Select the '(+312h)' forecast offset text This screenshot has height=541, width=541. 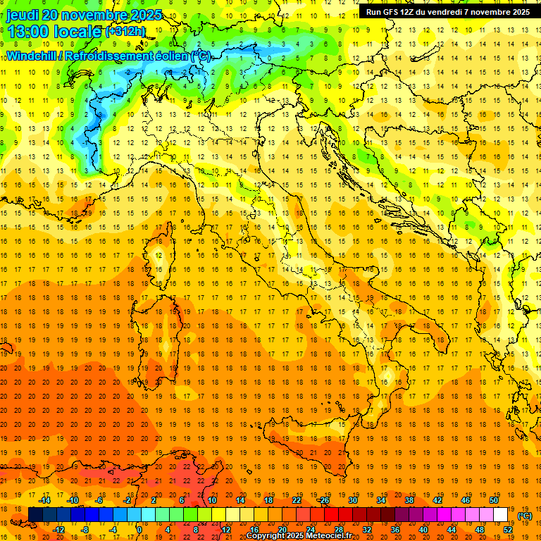(126, 32)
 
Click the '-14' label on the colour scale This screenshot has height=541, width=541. (46, 499)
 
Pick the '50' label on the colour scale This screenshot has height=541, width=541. (494, 499)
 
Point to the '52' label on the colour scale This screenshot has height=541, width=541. (508, 530)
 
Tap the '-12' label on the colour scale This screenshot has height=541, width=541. (59, 530)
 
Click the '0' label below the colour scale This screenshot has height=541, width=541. (139, 530)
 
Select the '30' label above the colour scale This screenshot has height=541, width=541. (353, 499)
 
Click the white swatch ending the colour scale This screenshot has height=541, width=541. (501, 515)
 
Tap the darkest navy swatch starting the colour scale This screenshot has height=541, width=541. (35, 515)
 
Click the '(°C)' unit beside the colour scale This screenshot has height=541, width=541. (524, 515)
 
